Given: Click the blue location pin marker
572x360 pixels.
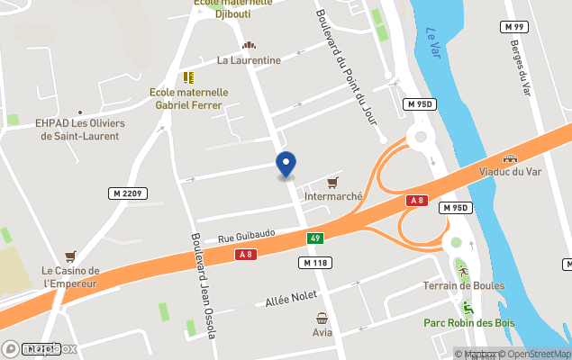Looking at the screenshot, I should [x=286, y=165].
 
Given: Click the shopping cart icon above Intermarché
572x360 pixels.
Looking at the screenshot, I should [x=333, y=182].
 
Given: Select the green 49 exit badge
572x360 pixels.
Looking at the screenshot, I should [x=314, y=238].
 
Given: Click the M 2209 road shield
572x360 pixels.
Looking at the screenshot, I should [x=128, y=193].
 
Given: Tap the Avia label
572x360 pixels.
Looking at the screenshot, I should [x=322, y=332].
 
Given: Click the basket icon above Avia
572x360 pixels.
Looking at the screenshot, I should [x=322, y=318].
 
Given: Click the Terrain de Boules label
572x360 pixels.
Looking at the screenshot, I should [x=463, y=286].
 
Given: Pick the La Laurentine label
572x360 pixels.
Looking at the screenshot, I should [x=249, y=60].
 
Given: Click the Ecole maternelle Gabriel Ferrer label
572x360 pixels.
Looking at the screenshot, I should [x=189, y=98].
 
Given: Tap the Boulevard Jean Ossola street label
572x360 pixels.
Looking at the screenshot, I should [x=203, y=285].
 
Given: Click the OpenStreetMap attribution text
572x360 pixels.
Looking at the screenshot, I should [x=538, y=354].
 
